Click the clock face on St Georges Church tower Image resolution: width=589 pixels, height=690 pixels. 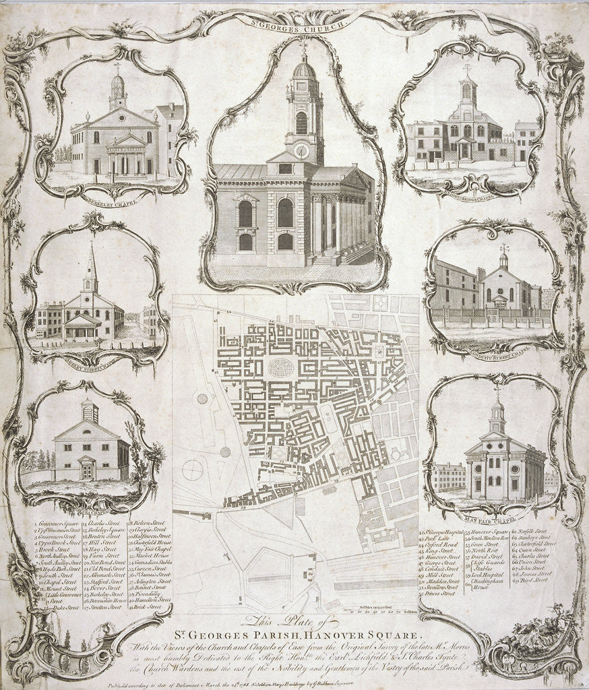tap(301, 150)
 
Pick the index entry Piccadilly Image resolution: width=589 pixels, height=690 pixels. tap(144, 594)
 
